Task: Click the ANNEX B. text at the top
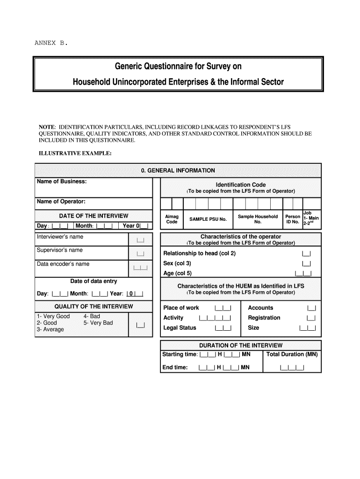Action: (x=51, y=43)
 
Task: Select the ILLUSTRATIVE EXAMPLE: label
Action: (x=75, y=153)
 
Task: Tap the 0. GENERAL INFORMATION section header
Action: (x=178, y=171)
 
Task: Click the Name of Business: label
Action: (x=62, y=181)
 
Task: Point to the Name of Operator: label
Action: (x=61, y=202)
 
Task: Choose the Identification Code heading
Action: (x=241, y=185)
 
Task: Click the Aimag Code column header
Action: (x=172, y=219)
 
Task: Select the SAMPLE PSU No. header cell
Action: (x=208, y=219)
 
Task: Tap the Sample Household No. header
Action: (x=258, y=219)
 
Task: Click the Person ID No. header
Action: (x=293, y=219)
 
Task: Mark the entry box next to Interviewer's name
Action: (x=140, y=240)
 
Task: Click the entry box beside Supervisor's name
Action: (x=140, y=254)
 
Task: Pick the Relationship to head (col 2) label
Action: (x=199, y=254)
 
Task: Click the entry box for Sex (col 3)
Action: (x=306, y=264)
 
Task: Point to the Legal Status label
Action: (x=180, y=328)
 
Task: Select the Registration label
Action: (x=264, y=318)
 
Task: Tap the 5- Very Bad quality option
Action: (x=98, y=323)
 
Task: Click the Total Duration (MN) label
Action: (x=292, y=354)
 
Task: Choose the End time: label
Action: (x=175, y=368)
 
